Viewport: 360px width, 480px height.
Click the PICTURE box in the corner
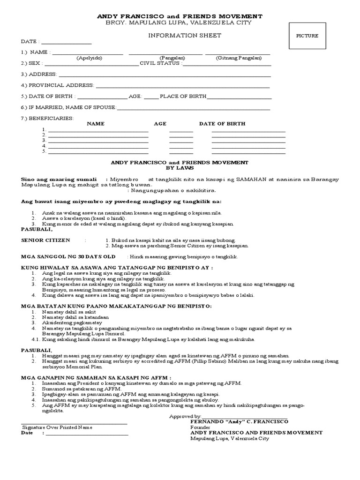click(307, 36)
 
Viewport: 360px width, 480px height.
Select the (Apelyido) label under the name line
click(89, 58)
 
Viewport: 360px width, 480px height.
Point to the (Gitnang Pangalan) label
click(236, 58)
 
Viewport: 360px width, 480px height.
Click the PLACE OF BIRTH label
click(183, 97)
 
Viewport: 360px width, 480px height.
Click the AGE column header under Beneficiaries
click(160, 124)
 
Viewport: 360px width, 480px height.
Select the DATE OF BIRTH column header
click(222, 124)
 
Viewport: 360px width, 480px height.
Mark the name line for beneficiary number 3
click(98, 140)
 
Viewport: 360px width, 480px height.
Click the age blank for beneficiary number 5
click(181, 151)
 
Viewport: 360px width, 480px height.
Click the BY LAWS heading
click(179, 167)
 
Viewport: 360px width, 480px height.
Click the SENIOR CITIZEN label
click(46, 240)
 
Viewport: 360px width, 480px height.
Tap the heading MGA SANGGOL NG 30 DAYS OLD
click(68, 257)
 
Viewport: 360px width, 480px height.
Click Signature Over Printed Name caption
click(57, 427)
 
